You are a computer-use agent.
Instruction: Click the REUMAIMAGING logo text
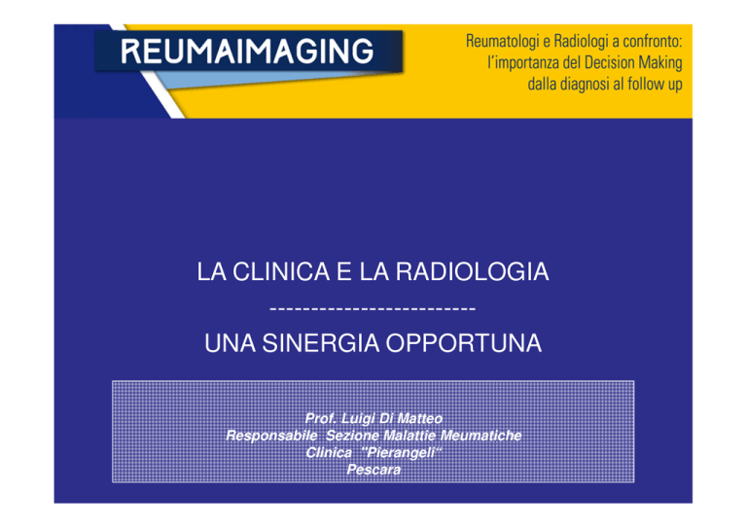coord(247,52)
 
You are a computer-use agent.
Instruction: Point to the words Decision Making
coord(633,63)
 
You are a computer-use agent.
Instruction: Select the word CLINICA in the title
coord(281,272)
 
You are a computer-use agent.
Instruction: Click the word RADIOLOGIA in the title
coord(472,272)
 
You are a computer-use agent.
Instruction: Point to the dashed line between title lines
coord(373,309)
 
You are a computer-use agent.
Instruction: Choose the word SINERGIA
coord(321,343)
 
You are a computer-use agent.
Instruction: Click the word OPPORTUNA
coord(464,343)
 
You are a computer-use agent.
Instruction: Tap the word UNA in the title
coord(231,343)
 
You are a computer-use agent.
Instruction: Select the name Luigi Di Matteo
coord(392,418)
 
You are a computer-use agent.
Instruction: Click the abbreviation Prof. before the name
coord(321,418)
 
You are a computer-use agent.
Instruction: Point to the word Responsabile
coord(271,436)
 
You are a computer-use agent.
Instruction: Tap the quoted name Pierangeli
coord(401,452)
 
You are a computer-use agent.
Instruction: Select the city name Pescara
coord(373,470)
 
